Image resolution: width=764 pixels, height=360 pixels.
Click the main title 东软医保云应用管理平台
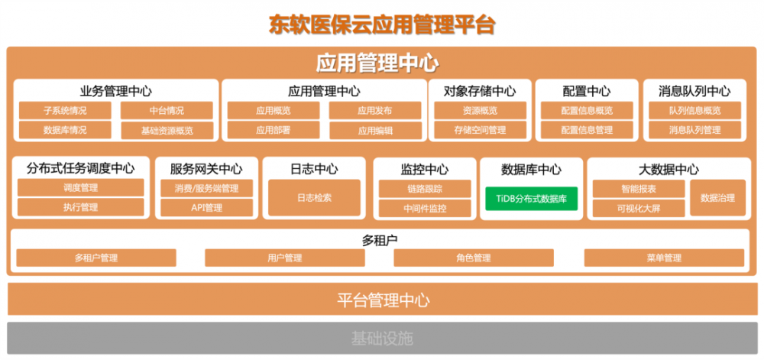[382, 24]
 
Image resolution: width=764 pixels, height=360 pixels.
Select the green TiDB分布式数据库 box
[531, 198]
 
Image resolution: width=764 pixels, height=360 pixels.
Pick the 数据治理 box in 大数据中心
[717, 198]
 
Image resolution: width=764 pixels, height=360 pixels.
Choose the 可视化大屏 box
[638, 208]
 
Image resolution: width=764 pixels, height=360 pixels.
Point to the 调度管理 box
[80, 187]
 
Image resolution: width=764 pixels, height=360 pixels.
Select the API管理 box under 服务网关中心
[206, 207]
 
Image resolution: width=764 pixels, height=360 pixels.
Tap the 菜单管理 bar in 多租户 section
[663, 258]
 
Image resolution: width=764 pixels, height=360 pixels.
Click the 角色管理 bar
[473, 258]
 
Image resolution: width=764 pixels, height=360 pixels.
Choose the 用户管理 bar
[285, 258]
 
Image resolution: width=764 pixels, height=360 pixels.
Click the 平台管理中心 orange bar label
[383, 299]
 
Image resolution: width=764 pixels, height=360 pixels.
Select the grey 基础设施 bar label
[382, 338]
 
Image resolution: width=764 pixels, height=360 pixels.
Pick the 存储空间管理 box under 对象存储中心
[480, 130]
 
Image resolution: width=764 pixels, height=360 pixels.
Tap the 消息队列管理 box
[694, 130]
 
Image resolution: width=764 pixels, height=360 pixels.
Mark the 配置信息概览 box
[587, 110]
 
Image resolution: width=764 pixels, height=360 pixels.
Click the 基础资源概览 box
[167, 131]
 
